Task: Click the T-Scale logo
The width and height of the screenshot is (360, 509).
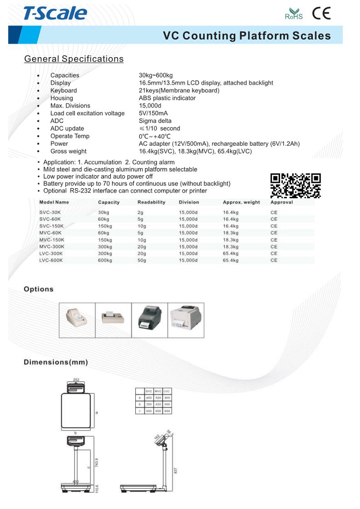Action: coord(55,13)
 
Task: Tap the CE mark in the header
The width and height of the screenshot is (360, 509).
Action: coord(321,14)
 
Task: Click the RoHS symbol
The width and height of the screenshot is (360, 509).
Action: coord(293,14)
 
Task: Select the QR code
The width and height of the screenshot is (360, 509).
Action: coord(296,186)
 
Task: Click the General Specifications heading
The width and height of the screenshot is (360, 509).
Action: coord(74,59)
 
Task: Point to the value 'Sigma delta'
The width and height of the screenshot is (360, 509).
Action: coord(155,121)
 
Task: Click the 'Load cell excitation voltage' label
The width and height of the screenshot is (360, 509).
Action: coord(87,113)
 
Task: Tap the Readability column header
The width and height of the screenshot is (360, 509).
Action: coord(151,202)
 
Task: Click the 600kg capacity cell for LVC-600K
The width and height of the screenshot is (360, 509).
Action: coord(104,260)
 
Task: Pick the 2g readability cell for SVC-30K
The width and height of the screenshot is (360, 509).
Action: coord(140,212)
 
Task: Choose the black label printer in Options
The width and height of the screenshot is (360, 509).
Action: coord(149,320)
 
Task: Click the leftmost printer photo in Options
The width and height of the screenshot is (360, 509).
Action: coord(77,320)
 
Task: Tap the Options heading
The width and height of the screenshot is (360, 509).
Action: coord(39,289)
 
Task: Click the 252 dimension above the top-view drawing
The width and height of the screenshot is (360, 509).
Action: coord(76,380)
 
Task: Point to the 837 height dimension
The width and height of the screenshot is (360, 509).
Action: coord(176,470)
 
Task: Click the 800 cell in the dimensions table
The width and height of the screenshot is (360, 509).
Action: coord(167,397)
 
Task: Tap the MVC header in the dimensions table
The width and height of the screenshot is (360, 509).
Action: coord(158,391)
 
